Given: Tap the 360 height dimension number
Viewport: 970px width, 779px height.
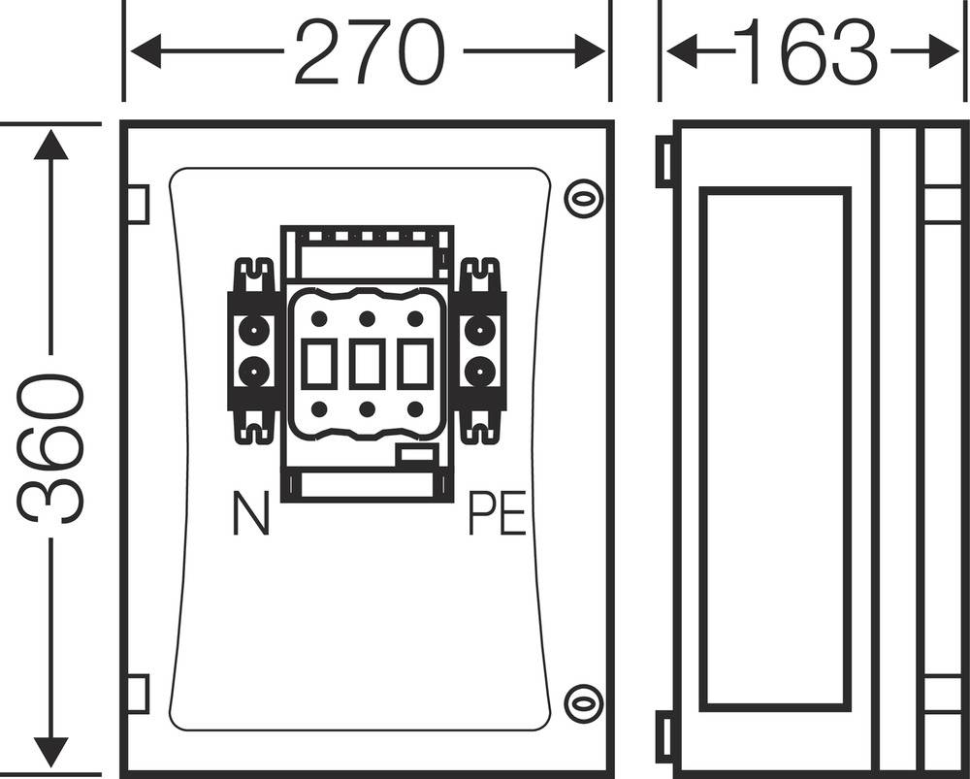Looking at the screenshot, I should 51,448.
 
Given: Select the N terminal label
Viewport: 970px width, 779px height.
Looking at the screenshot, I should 251,514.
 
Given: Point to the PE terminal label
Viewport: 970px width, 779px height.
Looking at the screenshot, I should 497,514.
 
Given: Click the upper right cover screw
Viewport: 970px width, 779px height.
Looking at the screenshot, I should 583,199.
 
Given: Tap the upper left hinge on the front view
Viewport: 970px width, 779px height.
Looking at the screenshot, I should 138,204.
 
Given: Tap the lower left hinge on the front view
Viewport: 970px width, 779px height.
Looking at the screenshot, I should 138,694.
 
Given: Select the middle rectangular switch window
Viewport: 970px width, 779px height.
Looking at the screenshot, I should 367,364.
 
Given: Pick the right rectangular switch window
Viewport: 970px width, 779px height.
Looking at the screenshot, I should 414,364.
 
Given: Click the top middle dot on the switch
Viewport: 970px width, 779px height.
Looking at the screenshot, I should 367,318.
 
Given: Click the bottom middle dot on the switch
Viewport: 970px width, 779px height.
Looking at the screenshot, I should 367,409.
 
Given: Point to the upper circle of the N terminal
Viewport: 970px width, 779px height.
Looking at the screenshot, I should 254,332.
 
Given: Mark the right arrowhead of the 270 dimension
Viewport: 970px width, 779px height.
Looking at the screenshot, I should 589,51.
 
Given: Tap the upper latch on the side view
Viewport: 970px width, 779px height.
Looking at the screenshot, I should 664,161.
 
